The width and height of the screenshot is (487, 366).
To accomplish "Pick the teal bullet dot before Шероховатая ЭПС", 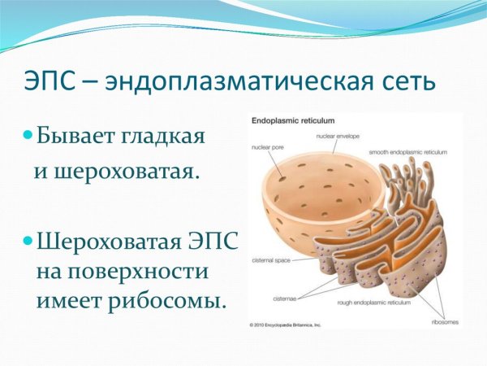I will point(28,240).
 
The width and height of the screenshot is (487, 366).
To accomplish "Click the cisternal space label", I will point(273,263).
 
